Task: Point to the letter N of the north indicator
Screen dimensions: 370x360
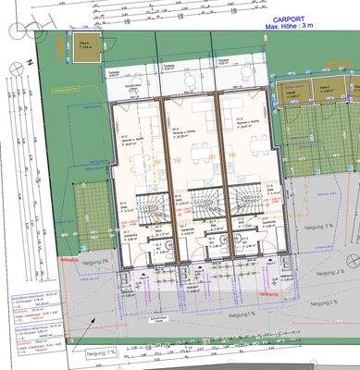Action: pyautogui.click(x=30, y=60)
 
